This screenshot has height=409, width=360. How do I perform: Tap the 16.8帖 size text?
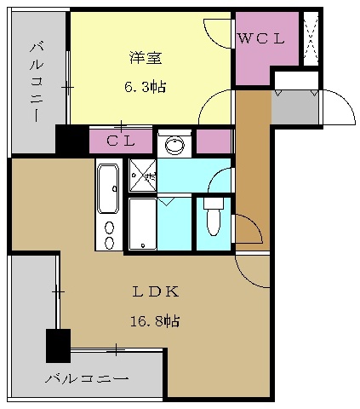pos(154,321)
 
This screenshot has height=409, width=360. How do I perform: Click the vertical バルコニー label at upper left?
pos(37,81)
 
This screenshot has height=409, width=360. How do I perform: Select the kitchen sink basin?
pos(109,187)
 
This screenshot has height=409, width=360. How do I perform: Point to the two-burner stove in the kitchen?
pos(109,233)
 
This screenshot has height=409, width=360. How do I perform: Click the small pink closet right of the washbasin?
pos(213,141)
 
